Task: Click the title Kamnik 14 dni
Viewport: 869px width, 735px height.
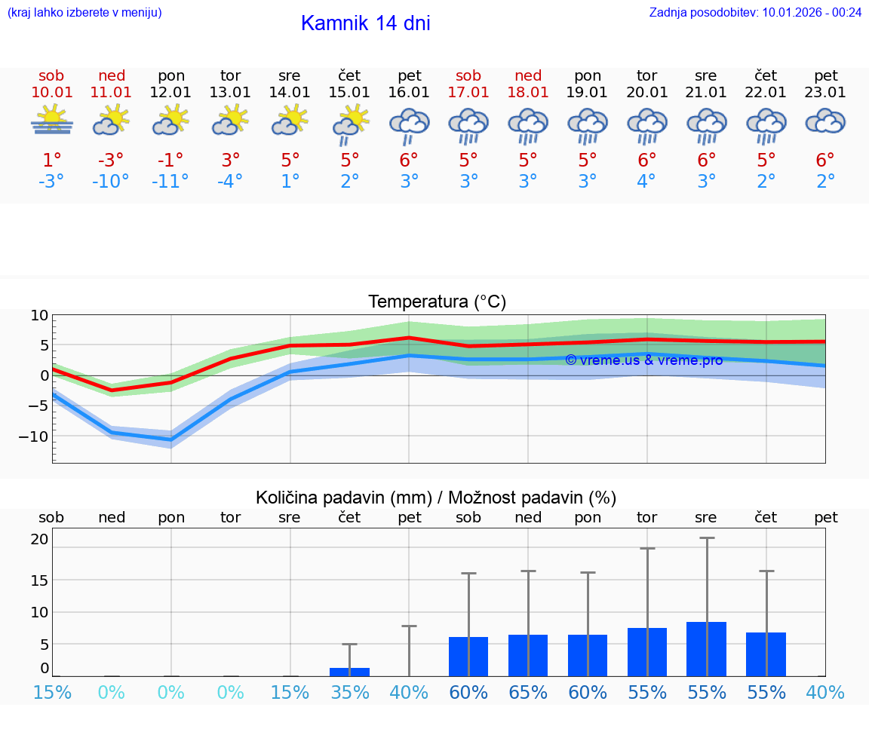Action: (x=365, y=23)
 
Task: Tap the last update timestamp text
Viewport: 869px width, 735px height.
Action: (x=755, y=12)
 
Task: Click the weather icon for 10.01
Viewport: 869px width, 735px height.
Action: (x=51, y=121)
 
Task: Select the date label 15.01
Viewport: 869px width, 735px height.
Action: (x=349, y=93)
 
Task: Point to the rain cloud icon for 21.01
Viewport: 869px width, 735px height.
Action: (x=706, y=125)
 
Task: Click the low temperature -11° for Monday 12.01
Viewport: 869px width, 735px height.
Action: (x=170, y=182)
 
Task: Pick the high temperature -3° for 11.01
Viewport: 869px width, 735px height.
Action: (x=111, y=160)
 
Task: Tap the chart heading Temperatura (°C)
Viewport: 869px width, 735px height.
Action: (x=437, y=302)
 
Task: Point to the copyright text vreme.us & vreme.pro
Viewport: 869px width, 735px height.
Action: (x=643, y=360)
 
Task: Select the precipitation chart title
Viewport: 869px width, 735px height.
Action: (x=436, y=498)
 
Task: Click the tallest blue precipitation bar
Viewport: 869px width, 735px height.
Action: (x=706, y=648)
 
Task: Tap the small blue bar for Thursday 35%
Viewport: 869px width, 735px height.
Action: (x=349, y=672)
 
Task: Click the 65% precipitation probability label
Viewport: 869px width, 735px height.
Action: (x=528, y=692)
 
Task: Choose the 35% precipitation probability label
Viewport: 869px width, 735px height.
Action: (x=349, y=692)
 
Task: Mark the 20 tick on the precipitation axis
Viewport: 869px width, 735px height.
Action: (x=40, y=539)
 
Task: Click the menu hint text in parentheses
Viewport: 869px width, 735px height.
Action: (x=84, y=12)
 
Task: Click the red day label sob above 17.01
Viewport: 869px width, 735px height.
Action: (x=468, y=75)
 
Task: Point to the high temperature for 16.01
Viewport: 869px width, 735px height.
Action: (x=409, y=160)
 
